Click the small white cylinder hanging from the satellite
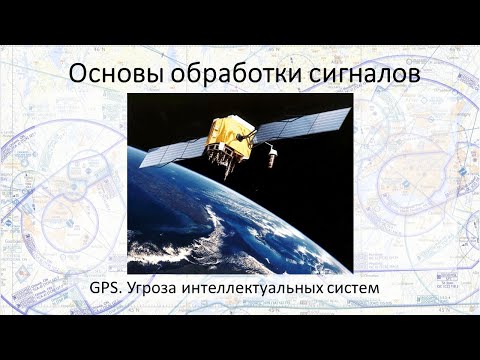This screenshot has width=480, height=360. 268,156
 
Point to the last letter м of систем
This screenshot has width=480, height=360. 380,289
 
